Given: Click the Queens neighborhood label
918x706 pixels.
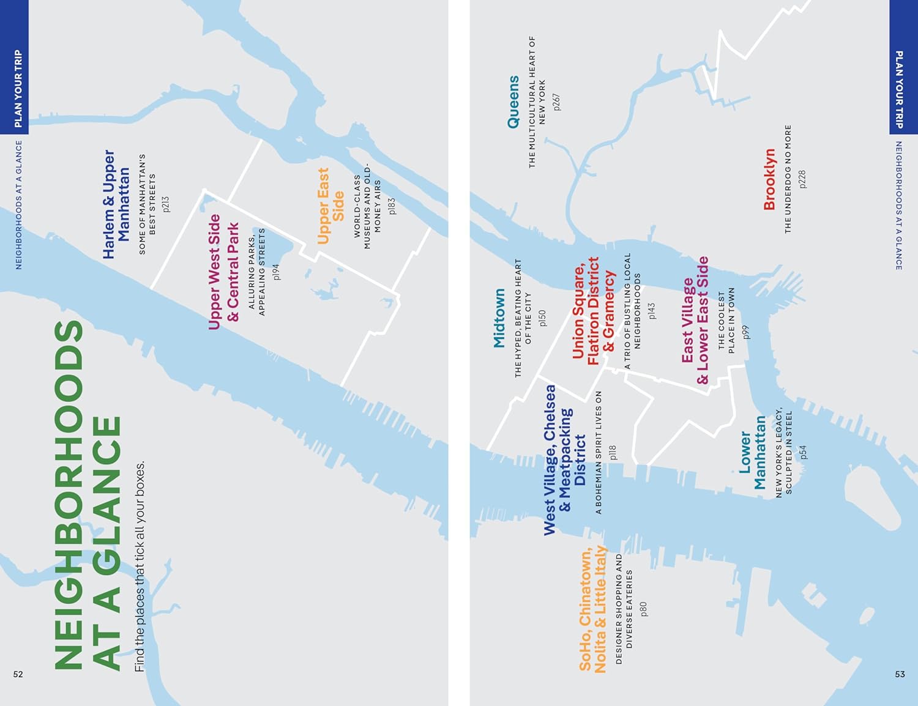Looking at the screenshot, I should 513,102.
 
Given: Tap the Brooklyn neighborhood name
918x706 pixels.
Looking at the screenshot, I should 769,179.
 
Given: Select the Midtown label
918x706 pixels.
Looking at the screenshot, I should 499,318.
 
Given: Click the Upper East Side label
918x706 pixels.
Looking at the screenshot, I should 330,206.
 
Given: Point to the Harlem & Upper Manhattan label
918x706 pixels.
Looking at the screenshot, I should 116,204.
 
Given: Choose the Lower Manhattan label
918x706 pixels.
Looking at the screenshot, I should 752,453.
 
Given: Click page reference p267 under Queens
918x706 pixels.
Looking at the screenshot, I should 556,102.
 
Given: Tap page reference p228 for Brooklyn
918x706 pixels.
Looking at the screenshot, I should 802,179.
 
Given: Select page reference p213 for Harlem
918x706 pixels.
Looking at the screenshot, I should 165,204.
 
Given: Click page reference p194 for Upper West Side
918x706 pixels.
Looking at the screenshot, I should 276,272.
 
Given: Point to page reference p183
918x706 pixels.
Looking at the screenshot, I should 392,206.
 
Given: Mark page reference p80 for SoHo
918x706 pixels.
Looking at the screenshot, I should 643,609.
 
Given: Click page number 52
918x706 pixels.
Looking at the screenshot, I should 18,674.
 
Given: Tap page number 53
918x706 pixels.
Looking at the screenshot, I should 900,674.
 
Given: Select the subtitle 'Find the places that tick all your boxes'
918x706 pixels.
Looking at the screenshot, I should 140,566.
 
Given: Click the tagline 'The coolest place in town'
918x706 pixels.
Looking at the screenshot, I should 726,321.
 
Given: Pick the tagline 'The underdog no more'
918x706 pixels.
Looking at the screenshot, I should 788,179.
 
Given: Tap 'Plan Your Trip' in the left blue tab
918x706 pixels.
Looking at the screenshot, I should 18,89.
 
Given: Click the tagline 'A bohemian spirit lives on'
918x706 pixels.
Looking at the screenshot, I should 599,453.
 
